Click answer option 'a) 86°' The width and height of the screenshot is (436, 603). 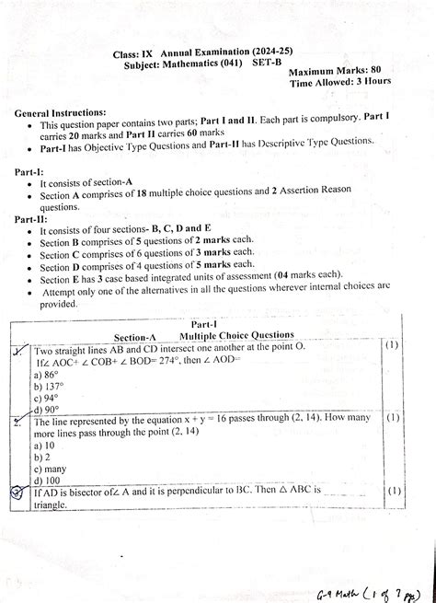(48, 376)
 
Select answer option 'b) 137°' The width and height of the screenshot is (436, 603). (51, 388)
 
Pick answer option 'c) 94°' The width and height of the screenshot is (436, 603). (48, 399)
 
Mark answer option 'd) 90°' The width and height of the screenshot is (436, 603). (48, 411)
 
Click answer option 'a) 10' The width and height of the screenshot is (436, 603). (45, 446)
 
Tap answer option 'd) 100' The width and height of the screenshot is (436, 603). (48, 481)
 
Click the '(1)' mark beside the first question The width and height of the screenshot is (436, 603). (391, 346)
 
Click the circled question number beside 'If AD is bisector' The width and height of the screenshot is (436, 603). (17, 493)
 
